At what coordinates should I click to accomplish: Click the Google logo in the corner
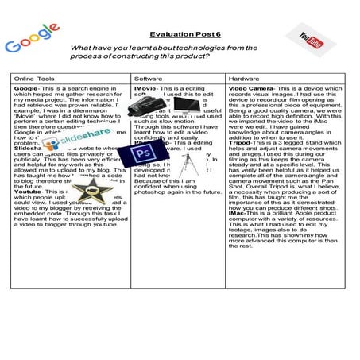33,38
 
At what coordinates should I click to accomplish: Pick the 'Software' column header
149,79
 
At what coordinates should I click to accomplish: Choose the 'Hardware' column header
243,79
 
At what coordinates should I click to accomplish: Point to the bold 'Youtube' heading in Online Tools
29,192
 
